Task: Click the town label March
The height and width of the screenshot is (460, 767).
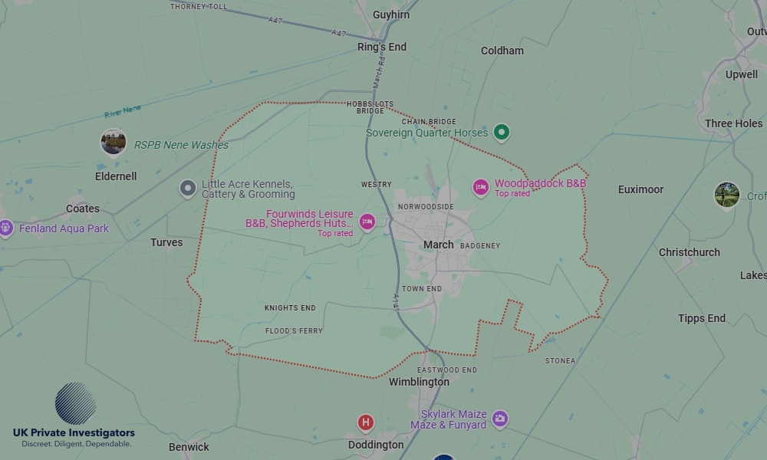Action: pos(439,245)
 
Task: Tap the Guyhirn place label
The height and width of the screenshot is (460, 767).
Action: pos(390,15)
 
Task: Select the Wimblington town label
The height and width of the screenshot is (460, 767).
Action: pos(419,382)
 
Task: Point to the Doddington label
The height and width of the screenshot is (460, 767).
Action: pos(376,445)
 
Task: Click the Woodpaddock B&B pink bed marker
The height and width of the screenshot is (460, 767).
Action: pos(481,187)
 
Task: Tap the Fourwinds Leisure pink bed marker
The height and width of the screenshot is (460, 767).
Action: pos(367,222)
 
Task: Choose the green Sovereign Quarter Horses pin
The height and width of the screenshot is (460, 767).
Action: pos(502,133)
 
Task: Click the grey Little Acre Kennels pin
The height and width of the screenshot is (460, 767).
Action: pos(188,188)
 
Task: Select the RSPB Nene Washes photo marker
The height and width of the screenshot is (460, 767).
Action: pos(114,142)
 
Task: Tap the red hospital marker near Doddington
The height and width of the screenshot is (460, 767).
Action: pos(366,422)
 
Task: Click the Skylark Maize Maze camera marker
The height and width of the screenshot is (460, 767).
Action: pos(500,419)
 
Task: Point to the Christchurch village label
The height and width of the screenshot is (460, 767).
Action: pos(689,252)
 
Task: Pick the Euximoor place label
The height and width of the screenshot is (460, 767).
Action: pos(640,189)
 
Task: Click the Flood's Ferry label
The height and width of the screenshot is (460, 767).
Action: pos(294,331)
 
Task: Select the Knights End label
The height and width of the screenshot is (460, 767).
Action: pos(290,308)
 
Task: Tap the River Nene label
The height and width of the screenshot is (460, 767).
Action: pos(123,112)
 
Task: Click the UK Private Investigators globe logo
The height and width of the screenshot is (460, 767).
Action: pos(75,403)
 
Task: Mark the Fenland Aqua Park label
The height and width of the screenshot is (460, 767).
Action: pos(64,228)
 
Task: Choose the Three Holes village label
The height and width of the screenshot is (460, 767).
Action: pos(733,123)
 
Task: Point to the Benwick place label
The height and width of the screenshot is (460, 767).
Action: pos(189,447)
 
